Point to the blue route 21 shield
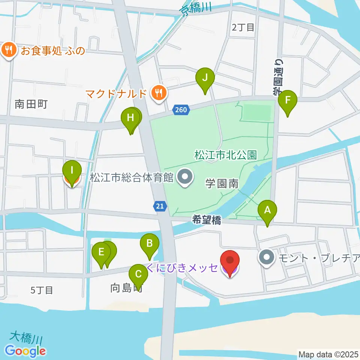(x=160, y=205)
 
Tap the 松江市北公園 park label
(x=225, y=154)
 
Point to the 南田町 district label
(x=31, y=104)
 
